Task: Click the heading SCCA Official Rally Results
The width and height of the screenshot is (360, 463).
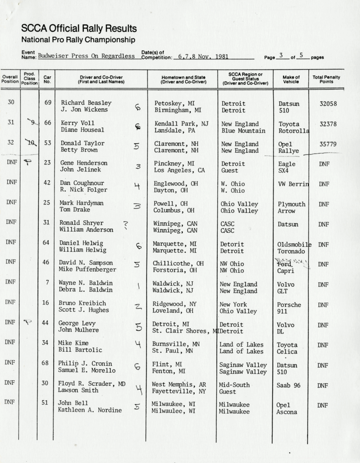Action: (x=79, y=29)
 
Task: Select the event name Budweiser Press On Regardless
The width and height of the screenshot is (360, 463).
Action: (x=86, y=56)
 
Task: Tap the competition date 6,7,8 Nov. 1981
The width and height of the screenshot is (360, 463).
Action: (x=203, y=57)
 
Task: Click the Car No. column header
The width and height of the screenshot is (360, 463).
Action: (x=47, y=80)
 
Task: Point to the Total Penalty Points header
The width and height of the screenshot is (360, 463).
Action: (x=326, y=80)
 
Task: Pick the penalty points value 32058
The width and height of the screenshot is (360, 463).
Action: (x=328, y=104)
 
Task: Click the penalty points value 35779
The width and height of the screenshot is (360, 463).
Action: (x=328, y=144)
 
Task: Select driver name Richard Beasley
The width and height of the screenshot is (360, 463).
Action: (x=86, y=103)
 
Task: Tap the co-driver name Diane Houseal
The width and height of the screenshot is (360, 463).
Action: (x=82, y=130)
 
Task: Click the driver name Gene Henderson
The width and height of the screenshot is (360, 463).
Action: (x=84, y=163)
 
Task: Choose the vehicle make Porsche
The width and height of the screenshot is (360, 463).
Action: (x=289, y=305)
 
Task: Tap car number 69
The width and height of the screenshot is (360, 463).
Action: (x=48, y=102)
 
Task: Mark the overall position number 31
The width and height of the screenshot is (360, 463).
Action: (x=11, y=122)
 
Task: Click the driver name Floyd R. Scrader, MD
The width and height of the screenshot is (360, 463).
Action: (x=92, y=384)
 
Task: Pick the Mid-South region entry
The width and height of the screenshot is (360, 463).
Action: (x=234, y=385)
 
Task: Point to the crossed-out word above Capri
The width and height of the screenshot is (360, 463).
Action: (x=284, y=264)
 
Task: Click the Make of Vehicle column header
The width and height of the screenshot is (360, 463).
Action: (x=291, y=80)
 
